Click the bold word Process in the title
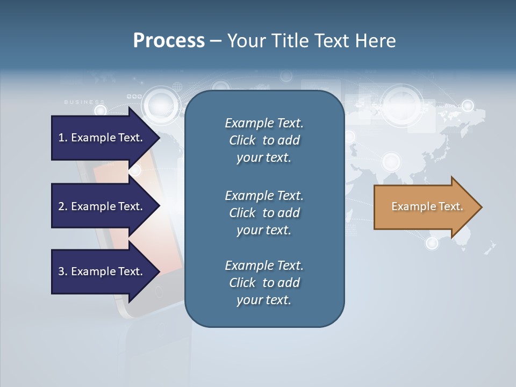click(x=169, y=41)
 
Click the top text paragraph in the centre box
click(x=264, y=140)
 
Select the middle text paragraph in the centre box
click(x=264, y=213)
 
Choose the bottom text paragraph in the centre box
click(x=264, y=283)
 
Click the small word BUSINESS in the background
click(x=84, y=102)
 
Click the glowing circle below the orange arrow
click(x=432, y=243)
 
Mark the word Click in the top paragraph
click(x=242, y=140)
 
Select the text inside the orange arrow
click(x=427, y=206)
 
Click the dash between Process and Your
click(x=216, y=41)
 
